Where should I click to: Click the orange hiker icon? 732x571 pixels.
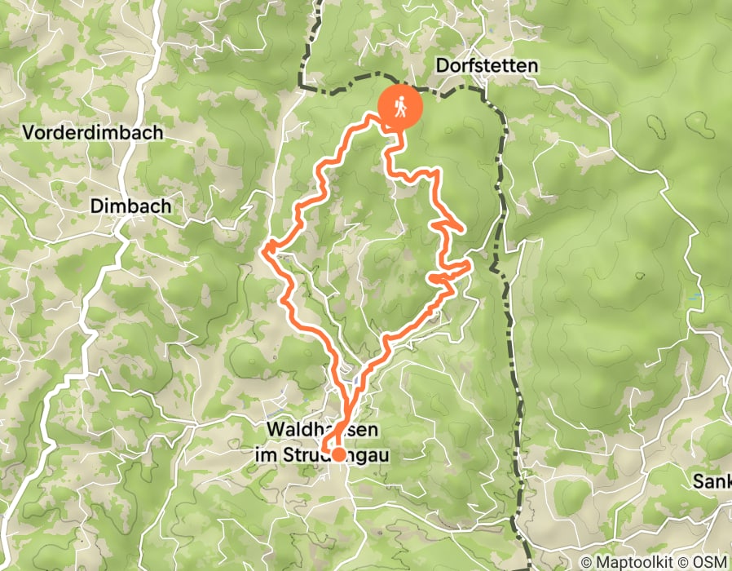point(399,107)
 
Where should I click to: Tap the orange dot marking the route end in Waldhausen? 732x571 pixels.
point(337,455)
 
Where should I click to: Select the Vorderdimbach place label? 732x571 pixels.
point(93,132)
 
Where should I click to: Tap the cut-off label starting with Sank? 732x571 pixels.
point(712,480)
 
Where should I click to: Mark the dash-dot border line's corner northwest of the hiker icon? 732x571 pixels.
point(302,85)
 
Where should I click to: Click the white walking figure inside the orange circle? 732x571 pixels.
point(399,107)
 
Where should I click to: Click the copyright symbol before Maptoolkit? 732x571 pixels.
point(586,562)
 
